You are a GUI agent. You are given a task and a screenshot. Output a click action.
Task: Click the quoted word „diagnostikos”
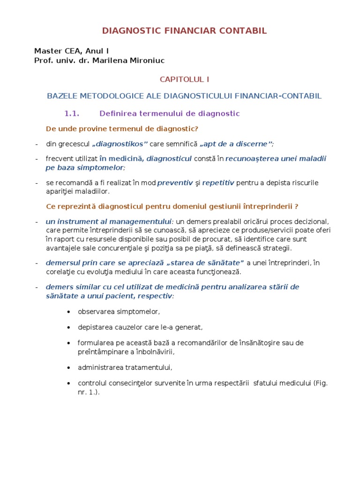pos(120,143)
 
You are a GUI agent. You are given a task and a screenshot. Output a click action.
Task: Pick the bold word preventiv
pos(175,182)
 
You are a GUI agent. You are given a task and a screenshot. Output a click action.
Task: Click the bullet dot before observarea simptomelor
pos(69,312)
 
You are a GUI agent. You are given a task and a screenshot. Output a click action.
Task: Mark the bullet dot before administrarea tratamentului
pos(69,367)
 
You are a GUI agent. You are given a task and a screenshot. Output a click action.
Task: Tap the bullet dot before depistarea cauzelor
pos(69,327)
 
